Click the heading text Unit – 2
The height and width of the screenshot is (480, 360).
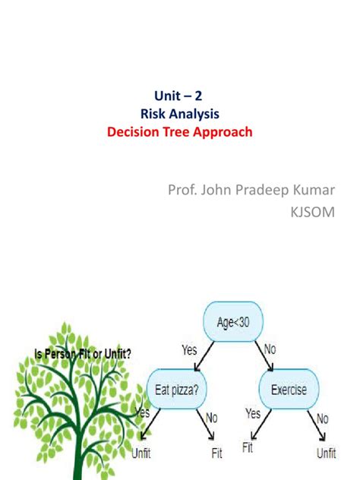[x=180, y=96]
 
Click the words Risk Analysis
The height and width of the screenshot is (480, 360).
[x=180, y=114]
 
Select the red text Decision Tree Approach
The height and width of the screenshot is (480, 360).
[x=179, y=131]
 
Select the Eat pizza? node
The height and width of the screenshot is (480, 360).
[x=178, y=390]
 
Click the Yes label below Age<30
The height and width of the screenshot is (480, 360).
[x=190, y=351]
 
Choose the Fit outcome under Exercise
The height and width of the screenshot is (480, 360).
[x=248, y=448]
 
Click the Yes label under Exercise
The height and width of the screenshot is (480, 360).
[x=254, y=415]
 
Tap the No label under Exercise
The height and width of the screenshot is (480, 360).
[x=323, y=418]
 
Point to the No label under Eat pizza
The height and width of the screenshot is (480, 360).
[x=211, y=418]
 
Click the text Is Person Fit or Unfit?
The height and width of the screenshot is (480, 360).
[x=81, y=352]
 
